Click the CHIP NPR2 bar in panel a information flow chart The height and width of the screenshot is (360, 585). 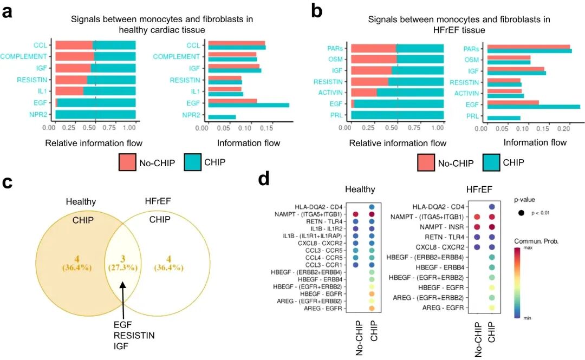point(222,116)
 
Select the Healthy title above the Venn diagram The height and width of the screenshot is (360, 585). point(81,201)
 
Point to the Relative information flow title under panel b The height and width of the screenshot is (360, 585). point(398,143)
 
